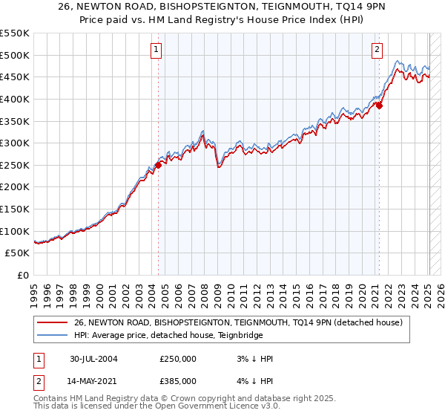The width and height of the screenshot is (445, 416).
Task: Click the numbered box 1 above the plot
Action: (x=157, y=50)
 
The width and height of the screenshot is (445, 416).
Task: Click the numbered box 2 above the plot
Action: (x=377, y=50)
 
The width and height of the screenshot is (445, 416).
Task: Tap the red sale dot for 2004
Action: (x=159, y=165)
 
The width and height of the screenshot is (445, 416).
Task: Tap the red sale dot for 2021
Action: (x=379, y=105)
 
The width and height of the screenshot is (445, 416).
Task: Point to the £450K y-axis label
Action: (x=15, y=77)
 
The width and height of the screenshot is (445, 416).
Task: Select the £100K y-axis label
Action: (x=15, y=231)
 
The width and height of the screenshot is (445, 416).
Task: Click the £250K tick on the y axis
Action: (x=15, y=165)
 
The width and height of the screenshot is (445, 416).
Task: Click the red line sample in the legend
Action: (x=52, y=322)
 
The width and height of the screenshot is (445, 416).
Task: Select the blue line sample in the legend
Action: (x=52, y=334)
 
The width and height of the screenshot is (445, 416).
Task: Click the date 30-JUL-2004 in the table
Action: (x=93, y=359)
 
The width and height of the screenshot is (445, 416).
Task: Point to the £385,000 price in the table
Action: (x=178, y=381)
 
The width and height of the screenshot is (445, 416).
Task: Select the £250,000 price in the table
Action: (x=178, y=359)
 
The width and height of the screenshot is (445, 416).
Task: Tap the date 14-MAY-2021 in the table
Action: (x=93, y=381)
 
